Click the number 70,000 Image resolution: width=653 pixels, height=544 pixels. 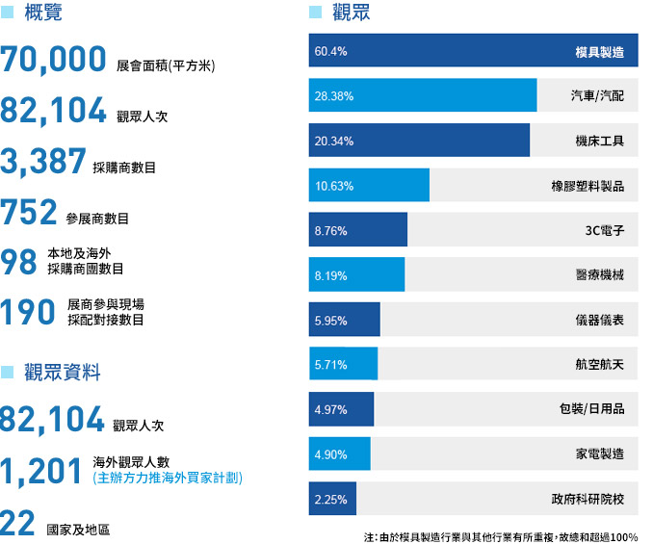point(54,60)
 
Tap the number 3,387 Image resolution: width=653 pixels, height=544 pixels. point(44,161)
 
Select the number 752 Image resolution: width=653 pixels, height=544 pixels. point(30,211)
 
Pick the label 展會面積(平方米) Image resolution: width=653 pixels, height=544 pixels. point(166,66)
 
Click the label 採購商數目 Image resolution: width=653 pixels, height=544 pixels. point(125,168)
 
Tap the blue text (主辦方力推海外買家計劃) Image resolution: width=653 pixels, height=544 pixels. point(167,478)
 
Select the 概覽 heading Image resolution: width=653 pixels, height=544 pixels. point(43,13)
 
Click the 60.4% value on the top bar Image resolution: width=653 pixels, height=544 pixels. point(330,51)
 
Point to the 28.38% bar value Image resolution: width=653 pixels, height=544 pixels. point(334,96)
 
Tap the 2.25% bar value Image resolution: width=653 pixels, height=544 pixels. point(330,500)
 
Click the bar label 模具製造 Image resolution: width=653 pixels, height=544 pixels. point(599,51)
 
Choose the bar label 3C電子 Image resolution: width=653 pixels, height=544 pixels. point(605,231)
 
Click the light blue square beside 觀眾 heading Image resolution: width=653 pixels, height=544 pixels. point(315,13)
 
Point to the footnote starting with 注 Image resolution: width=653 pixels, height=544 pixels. point(500,535)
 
